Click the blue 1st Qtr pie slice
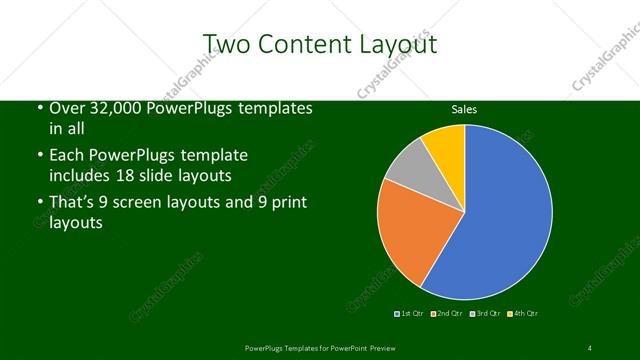[505, 215]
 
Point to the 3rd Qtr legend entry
[484, 314]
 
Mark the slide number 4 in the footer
[590, 347]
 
